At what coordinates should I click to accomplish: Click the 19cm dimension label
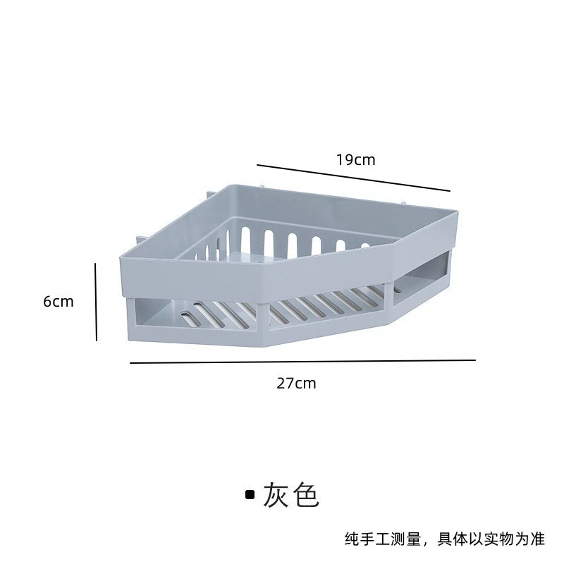click(356, 160)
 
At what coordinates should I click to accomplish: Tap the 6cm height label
click(59, 302)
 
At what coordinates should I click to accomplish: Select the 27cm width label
click(296, 384)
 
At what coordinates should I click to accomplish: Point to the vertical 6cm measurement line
click(96, 302)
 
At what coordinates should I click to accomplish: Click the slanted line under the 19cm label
click(353, 178)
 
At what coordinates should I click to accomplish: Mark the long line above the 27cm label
click(303, 362)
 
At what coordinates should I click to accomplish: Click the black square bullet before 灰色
click(250, 496)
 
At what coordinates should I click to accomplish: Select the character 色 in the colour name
click(306, 495)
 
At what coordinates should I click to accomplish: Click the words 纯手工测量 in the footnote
click(383, 539)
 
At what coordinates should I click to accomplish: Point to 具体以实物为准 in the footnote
click(491, 539)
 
